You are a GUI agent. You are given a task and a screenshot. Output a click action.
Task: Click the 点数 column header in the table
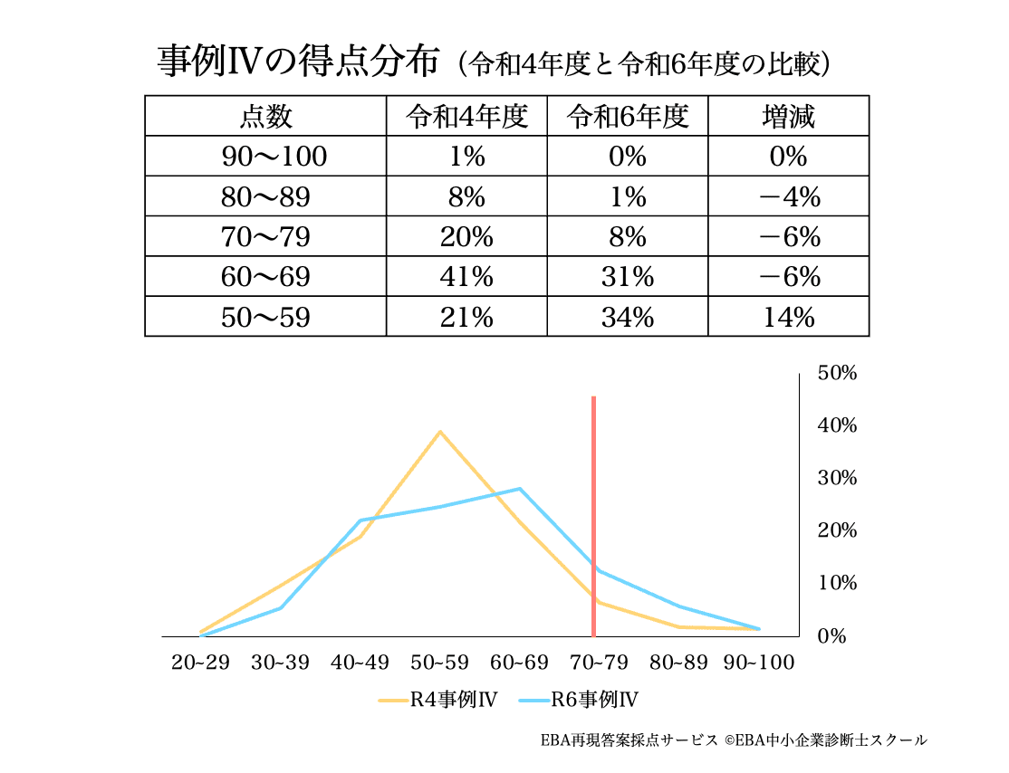pos(265,116)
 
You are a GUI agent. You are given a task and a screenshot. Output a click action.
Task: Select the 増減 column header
pos(788,116)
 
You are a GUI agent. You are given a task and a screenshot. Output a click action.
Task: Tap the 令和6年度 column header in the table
pos(627,116)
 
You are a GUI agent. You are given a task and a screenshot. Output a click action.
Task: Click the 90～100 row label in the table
pos(265,157)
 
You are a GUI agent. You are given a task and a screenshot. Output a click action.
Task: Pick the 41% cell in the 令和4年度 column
pos(466,277)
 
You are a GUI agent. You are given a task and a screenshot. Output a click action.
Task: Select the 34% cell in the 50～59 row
pos(627,317)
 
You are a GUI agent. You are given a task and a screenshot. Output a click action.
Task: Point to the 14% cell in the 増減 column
pos(788,317)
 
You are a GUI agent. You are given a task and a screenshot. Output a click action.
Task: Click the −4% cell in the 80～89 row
pos(788,196)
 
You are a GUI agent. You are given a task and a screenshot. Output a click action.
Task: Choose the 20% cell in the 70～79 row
pos(466,237)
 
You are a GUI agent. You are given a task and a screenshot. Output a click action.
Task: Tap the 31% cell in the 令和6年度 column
pos(627,277)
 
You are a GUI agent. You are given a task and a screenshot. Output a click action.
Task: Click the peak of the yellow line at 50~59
pos(440,432)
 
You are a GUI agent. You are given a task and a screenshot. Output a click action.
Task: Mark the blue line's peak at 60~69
pos(520,489)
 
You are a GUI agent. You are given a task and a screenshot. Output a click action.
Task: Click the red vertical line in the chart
pos(593,516)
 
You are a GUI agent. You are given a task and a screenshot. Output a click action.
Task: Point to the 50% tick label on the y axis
pos(837,373)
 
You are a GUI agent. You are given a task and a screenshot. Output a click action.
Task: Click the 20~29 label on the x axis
pos(200,663)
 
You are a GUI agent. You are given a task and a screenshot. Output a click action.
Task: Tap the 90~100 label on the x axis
pos(759,663)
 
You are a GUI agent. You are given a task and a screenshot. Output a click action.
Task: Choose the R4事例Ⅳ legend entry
pos(437,699)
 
